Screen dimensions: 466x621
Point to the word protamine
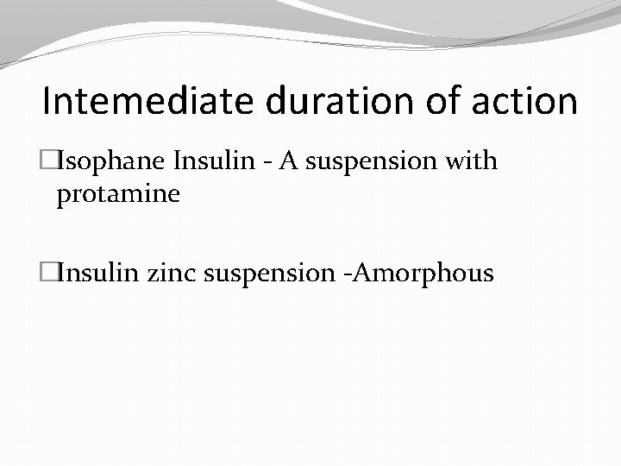point(118,195)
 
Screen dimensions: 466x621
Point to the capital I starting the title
point(47,101)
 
